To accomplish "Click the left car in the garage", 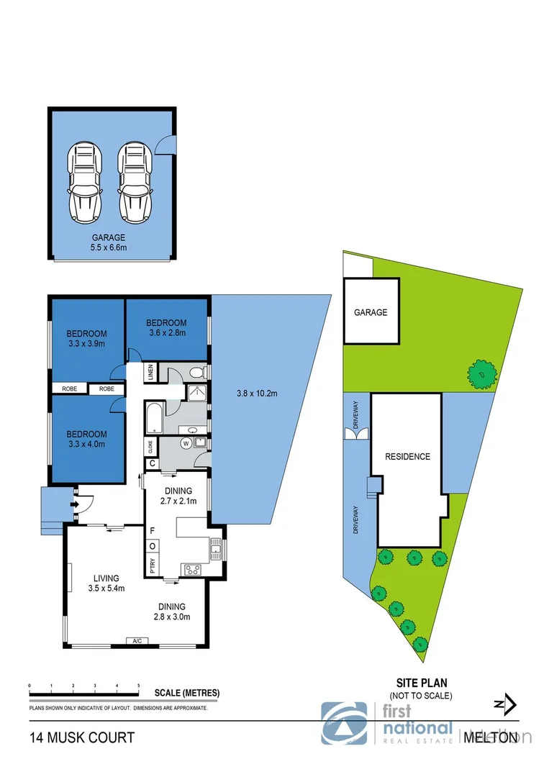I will point(84,183).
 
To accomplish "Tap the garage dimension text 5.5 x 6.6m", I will point(108,247).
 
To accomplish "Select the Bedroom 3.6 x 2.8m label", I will point(166,328).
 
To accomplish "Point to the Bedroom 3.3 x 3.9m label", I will point(86,338).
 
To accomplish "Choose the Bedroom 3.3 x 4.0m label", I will point(86,439).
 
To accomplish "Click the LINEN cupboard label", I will point(150,373).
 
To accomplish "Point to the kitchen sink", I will point(214,550).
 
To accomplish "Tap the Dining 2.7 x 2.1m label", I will point(177,496).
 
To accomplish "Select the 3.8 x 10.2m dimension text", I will point(257,393).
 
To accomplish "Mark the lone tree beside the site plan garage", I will point(481,373).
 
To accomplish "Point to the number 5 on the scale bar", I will point(138,686).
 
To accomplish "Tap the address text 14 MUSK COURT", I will point(81,737).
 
